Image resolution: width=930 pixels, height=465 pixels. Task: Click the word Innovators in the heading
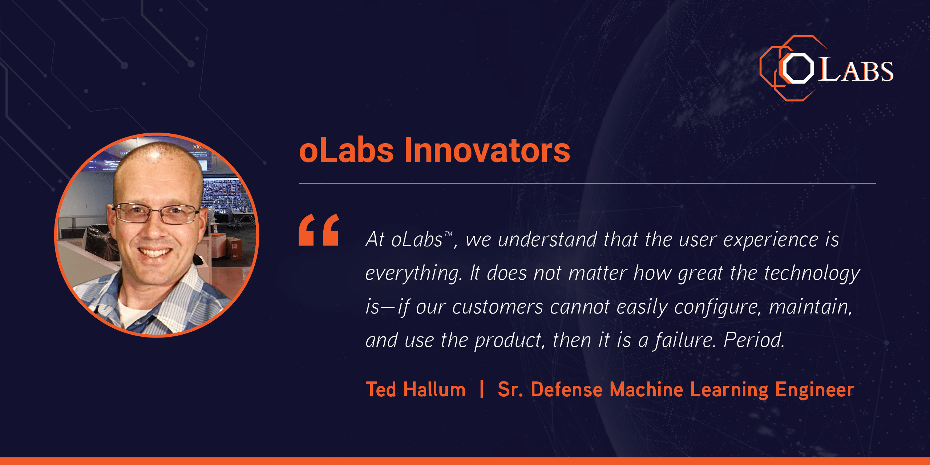(x=487, y=150)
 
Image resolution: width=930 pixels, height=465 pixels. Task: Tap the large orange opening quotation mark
(x=319, y=230)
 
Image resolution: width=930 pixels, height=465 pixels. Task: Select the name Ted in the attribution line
(x=381, y=389)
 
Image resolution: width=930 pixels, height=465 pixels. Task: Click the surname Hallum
(x=434, y=389)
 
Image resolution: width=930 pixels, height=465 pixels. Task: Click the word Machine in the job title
(x=647, y=389)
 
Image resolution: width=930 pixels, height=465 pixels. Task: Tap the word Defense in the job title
(x=567, y=389)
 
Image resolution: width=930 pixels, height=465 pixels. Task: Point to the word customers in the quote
(x=498, y=307)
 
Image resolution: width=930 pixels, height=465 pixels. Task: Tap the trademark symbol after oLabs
(x=448, y=234)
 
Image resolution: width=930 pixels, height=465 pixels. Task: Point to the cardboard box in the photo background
(x=234, y=248)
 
